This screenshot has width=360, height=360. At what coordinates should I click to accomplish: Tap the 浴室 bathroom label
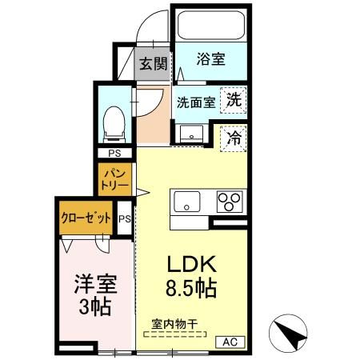click(211, 59)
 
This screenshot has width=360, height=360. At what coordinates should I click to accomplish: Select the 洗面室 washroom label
click(194, 102)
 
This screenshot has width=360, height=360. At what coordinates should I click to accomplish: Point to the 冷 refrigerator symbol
click(234, 138)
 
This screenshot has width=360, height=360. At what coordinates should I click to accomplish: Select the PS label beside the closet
click(125, 218)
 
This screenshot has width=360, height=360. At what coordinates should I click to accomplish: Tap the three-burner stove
click(230, 202)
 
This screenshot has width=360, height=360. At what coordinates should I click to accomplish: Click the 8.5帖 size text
click(191, 289)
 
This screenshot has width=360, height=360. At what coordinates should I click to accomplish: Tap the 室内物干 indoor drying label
click(174, 325)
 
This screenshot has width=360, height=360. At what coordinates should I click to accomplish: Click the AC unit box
click(230, 342)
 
